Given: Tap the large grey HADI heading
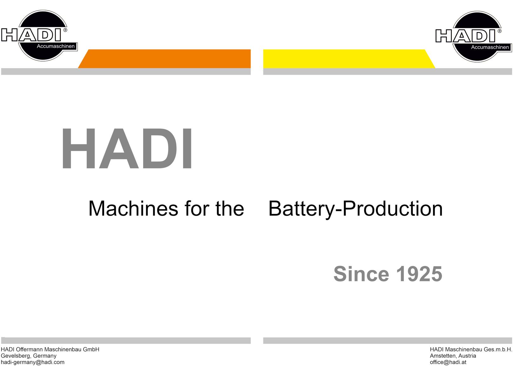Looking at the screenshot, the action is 127,149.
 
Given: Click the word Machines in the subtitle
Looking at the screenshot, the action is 133,208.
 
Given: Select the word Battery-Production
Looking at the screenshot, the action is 355,209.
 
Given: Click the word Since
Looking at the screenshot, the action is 361,274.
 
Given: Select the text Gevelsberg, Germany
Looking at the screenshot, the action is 29,356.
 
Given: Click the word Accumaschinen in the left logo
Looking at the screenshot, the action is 56,46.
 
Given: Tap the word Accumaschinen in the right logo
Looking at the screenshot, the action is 490,47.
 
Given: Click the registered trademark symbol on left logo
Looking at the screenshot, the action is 65,30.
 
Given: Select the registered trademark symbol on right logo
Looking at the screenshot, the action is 499,31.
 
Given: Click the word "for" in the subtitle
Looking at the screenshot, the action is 197,208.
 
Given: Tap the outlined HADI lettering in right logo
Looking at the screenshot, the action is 465,36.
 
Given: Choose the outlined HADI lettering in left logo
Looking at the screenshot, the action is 31,35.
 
